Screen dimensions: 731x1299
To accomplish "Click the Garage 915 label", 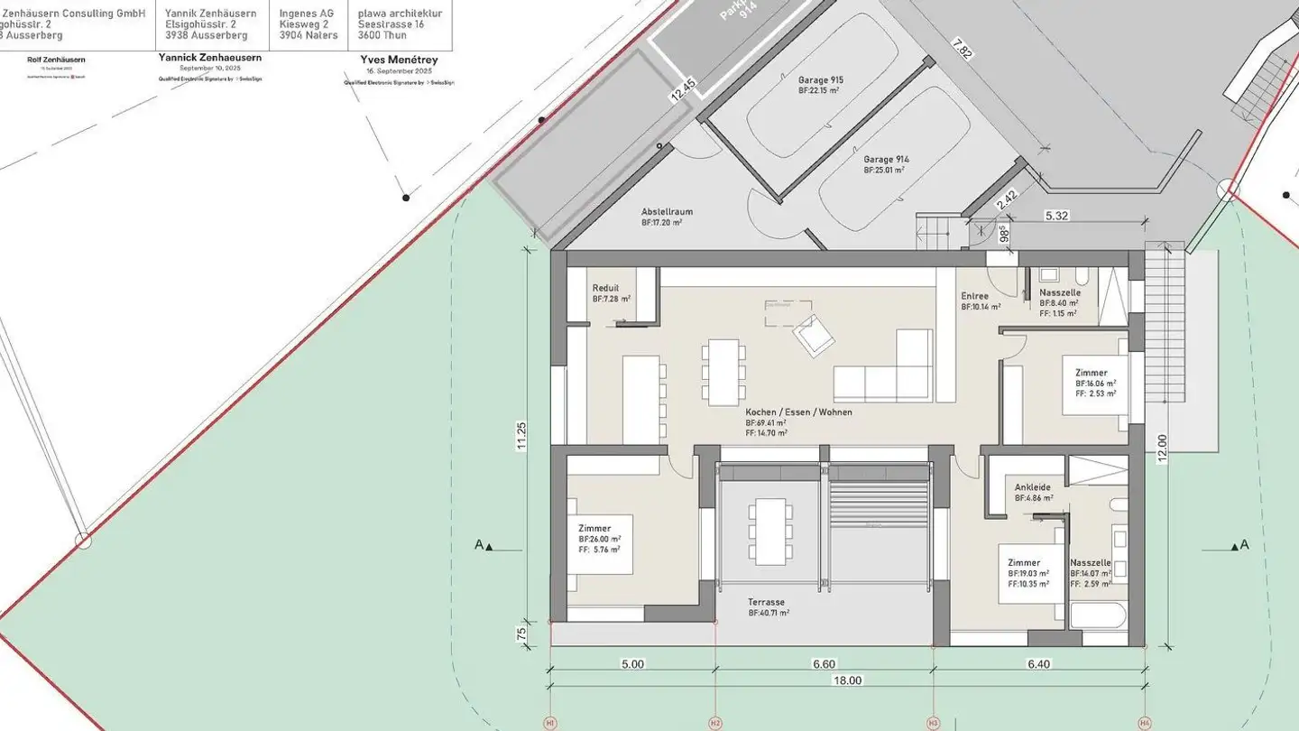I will click(x=820, y=80).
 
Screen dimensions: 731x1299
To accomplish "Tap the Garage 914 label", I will click(x=886, y=160).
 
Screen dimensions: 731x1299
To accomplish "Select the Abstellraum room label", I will click(x=667, y=212).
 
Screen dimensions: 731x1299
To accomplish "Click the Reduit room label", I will click(x=605, y=288).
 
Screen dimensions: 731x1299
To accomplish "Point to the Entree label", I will click(x=974, y=296).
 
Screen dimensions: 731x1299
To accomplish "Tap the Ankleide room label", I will click(x=1032, y=487).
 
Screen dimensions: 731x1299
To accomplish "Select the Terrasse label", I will click(x=766, y=602).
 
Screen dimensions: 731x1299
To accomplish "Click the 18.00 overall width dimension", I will click(x=847, y=680).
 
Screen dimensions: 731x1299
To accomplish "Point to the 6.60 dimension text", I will click(x=824, y=664).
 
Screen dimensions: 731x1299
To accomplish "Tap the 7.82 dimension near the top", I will click(x=963, y=53).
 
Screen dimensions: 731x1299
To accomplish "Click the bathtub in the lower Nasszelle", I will click(x=1098, y=617).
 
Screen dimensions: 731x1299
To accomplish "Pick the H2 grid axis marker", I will click(x=714, y=723).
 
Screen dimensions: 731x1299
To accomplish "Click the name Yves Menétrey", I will click(x=399, y=60).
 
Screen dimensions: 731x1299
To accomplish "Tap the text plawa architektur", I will click(x=400, y=14).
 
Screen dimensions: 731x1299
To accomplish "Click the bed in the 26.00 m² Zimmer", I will click(x=599, y=545).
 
